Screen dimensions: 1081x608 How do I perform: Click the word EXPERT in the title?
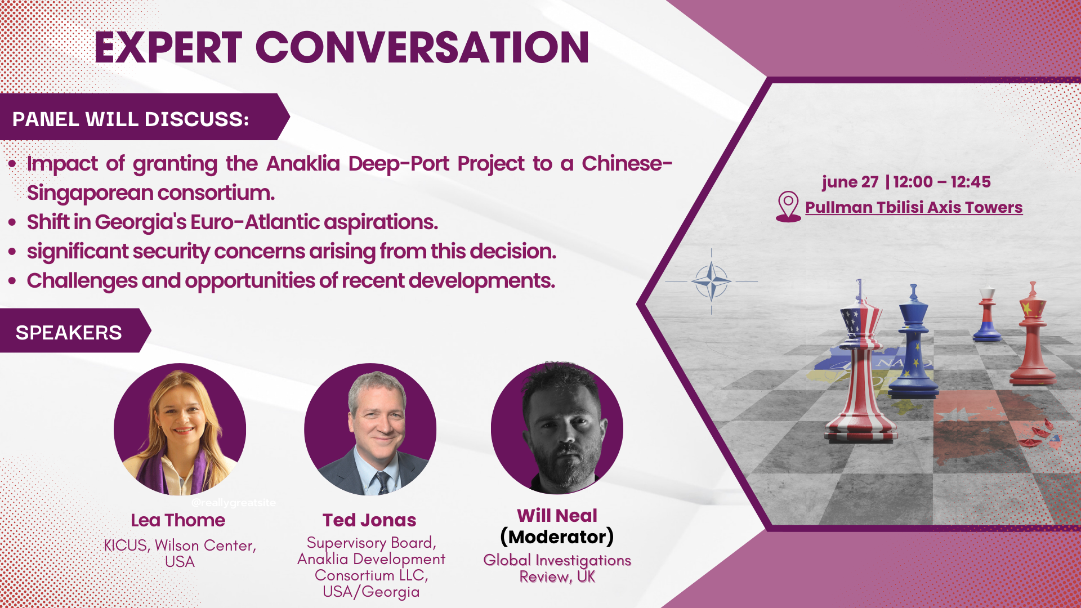pyautogui.click(x=168, y=47)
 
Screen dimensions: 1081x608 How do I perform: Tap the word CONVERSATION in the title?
pyautogui.click(x=423, y=47)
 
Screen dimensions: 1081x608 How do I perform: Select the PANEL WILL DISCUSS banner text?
pyautogui.click(x=131, y=119)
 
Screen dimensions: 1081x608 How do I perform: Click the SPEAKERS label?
pyautogui.click(x=69, y=333)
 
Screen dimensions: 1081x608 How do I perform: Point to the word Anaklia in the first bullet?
pyautogui.click(x=303, y=163)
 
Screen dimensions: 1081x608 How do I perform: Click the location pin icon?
pyautogui.click(x=788, y=206)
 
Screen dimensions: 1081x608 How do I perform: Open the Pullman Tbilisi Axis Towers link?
pyautogui.click(x=914, y=207)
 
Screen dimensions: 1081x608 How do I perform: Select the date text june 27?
pyautogui.click(x=850, y=182)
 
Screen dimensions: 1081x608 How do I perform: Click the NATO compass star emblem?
pyautogui.click(x=711, y=281)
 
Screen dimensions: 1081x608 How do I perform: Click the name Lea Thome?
pyautogui.click(x=178, y=520)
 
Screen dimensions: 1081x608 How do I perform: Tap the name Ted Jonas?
pyautogui.click(x=369, y=520)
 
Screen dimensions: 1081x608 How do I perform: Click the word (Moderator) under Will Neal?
pyautogui.click(x=557, y=537)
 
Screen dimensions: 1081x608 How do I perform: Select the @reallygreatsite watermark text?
pyautogui.click(x=234, y=503)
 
